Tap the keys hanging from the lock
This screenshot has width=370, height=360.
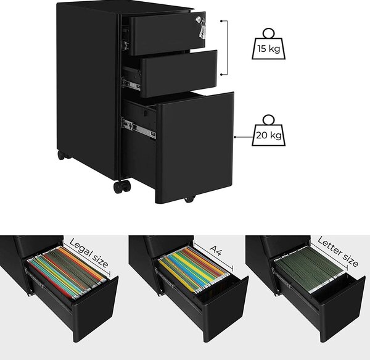click(x=202, y=29)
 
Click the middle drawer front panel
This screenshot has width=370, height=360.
click(x=179, y=73)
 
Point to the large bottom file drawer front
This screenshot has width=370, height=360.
click(x=195, y=148)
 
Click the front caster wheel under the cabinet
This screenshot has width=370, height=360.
click(x=121, y=186)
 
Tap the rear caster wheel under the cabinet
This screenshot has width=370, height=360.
click(x=62, y=155)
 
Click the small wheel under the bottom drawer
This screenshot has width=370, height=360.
click(x=189, y=199)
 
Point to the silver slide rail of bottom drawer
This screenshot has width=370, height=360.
click(x=139, y=128)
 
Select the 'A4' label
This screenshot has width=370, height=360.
click(x=216, y=250)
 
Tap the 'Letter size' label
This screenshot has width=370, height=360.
click(x=338, y=251)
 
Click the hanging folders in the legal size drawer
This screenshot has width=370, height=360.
click(x=67, y=272)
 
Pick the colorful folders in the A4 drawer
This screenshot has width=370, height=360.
click(x=194, y=269)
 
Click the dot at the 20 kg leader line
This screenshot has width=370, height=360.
click(x=235, y=136)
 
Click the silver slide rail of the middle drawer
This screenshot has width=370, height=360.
click(x=131, y=84)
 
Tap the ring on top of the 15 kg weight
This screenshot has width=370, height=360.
click(x=268, y=33)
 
